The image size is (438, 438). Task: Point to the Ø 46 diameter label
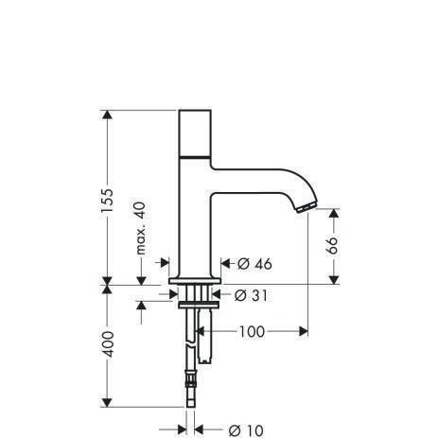(x=249, y=263)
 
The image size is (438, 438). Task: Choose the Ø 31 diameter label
(x=247, y=294)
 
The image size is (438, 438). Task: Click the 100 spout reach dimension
(x=251, y=331)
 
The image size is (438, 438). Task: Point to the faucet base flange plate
(x=194, y=281)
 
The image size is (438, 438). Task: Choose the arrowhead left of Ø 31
(x=220, y=294)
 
